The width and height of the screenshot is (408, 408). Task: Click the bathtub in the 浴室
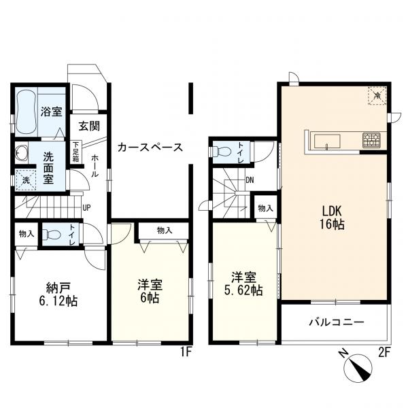[x=27, y=112]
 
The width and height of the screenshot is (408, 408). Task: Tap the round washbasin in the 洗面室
[x=21, y=153]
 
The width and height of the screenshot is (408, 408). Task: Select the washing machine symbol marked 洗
[x=26, y=180]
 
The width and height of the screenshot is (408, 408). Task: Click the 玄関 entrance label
[x=89, y=126]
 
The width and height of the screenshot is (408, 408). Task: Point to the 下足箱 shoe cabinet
[x=75, y=152]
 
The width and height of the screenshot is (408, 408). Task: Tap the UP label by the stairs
[x=86, y=208]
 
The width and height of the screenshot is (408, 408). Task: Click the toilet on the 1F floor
[x=52, y=234]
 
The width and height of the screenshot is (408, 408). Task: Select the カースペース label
[x=150, y=148]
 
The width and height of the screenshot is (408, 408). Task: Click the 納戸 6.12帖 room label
[x=58, y=294]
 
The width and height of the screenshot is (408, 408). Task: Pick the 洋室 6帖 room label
[x=150, y=291]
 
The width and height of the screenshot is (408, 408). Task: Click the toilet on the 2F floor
[x=222, y=151]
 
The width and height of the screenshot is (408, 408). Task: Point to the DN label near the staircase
[x=250, y=180]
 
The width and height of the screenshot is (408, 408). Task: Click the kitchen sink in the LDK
[x=327, y=141]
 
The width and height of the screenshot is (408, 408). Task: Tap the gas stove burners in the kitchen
[x=371, y=140]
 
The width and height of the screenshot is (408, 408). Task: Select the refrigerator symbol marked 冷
[x=377, y=95]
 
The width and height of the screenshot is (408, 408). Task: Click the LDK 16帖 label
[x=332, y=218]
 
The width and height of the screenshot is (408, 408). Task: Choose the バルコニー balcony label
[x=337, y=322]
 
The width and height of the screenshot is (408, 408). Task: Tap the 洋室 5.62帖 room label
[x=243, y=284]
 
